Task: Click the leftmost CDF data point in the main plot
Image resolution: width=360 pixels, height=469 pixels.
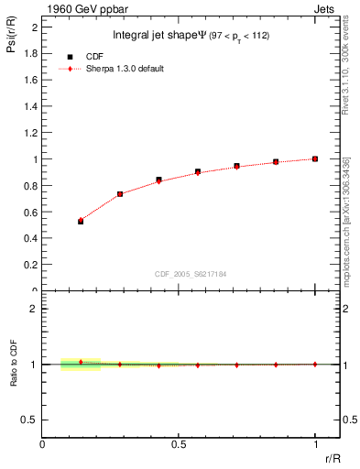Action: [81, 221]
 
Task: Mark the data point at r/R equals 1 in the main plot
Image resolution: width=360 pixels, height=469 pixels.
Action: [315, 158]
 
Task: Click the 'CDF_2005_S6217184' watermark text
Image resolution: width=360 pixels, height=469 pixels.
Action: [191, 273]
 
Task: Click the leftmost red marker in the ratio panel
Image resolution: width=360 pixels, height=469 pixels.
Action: [81, 362]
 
